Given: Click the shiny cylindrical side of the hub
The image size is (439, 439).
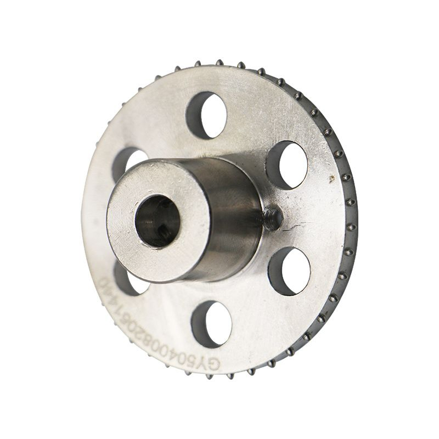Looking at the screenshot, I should [230, 219].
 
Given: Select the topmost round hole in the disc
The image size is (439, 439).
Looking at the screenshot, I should [207, 115].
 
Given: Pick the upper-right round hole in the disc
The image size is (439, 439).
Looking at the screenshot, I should [287, 165].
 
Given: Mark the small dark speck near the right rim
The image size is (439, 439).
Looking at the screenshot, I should [331, 178].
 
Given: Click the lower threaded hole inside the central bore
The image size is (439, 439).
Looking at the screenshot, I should [163, 234].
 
